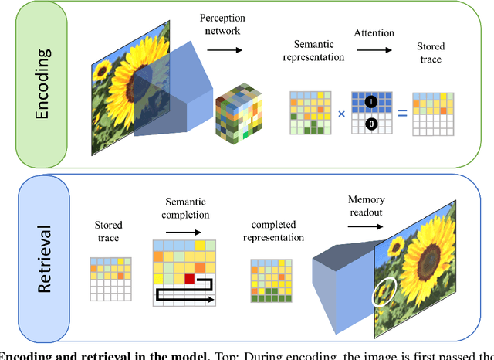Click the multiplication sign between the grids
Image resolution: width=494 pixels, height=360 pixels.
point(340,116)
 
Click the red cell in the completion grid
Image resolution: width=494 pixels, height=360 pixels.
point(189,278)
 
